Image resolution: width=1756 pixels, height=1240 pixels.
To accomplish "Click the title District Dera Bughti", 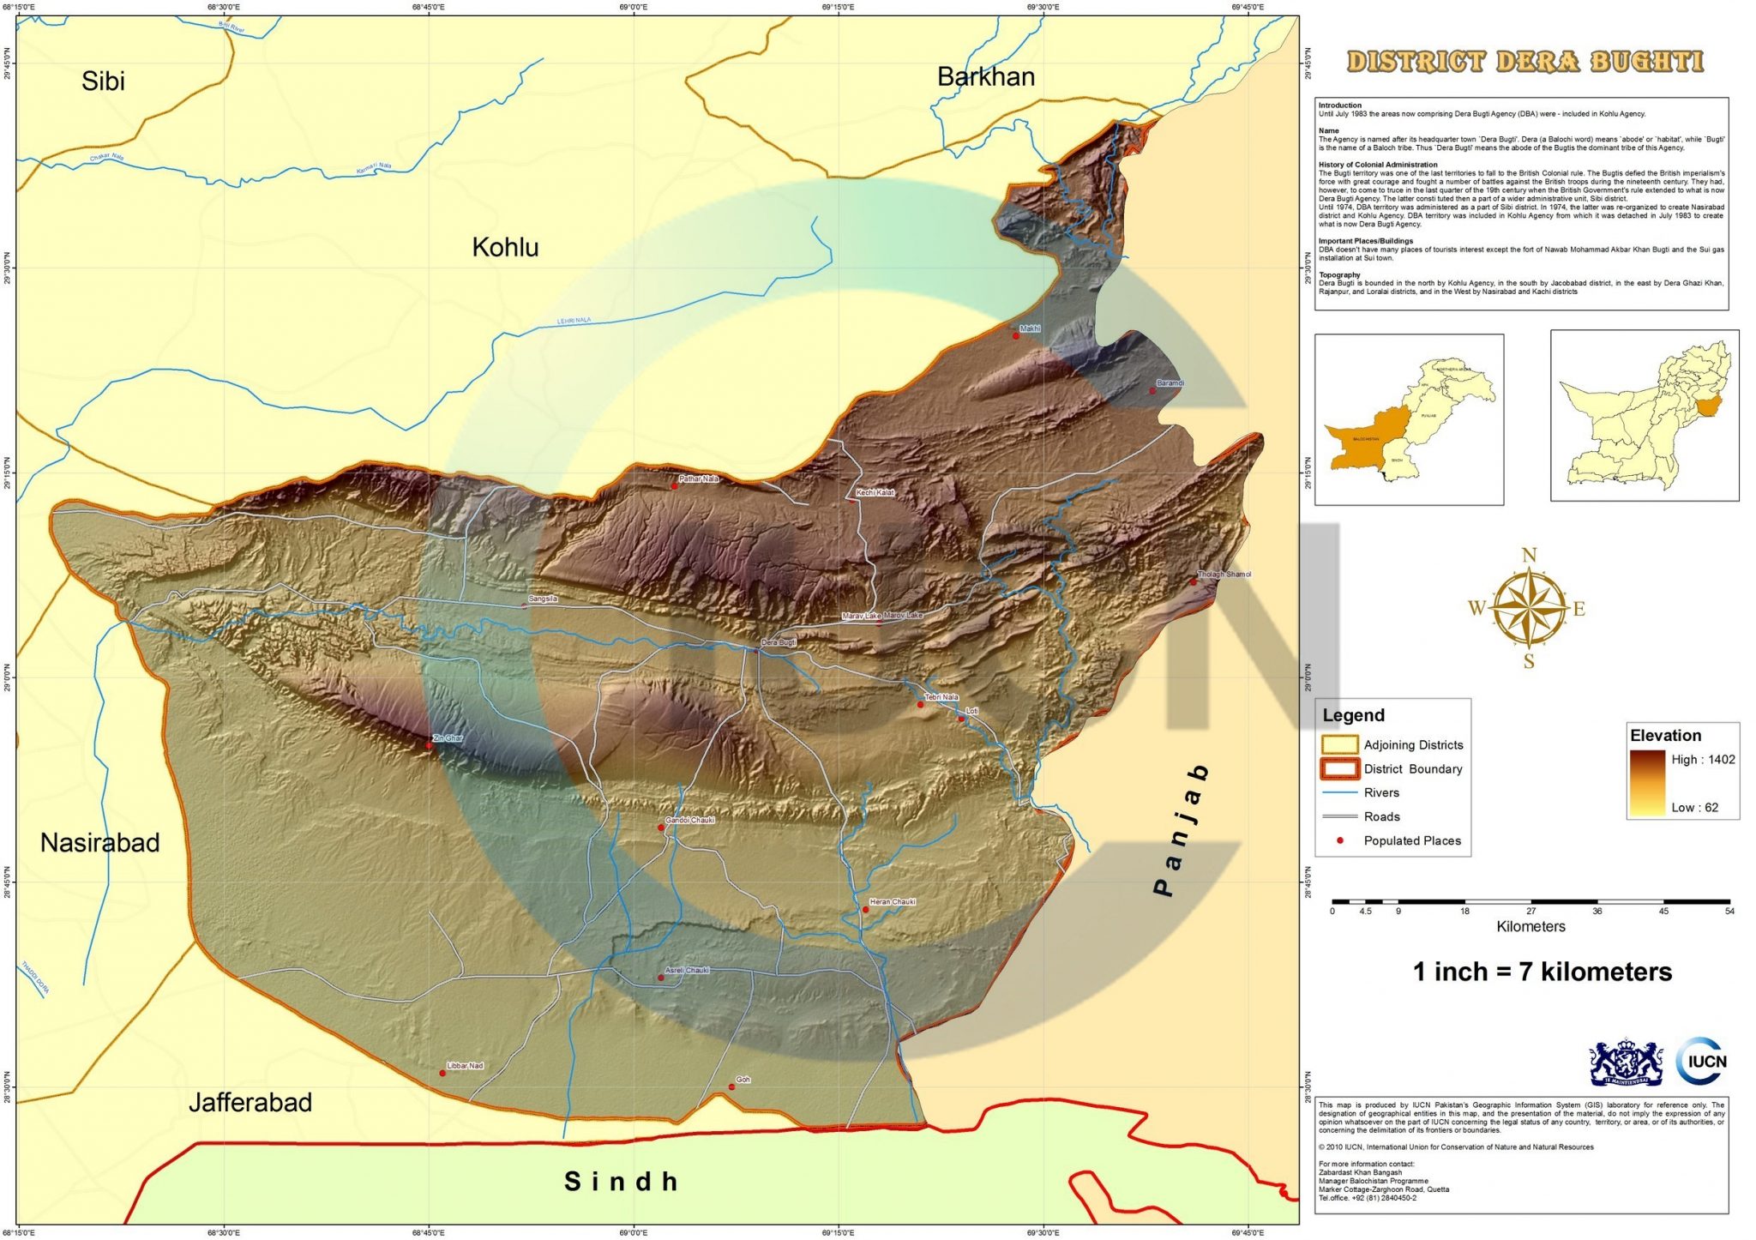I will pyautogui.click(x=1524, y=62).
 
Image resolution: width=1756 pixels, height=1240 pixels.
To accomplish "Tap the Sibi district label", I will pyautogui.click(x=103, y=81).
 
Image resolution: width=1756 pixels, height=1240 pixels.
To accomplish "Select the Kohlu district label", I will pyautogui.click(x=505, y=248).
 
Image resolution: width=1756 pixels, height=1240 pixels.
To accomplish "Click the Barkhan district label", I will pyautogui.click(x=985, y=77).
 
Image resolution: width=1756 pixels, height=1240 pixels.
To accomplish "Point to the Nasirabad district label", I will pyautogui.click(x=99, y=843).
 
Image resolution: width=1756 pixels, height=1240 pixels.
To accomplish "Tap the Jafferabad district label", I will pyautogui.click(x=250, y=1103).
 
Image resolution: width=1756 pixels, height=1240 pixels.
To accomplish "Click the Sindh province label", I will pyautogui.click(x=621, y=1182).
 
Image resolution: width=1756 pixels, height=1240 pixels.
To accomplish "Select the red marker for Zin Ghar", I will pyautogui.click(x=429, y=745).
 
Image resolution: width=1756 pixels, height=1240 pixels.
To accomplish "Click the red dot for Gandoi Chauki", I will pyautogui.click(x=660, y=828).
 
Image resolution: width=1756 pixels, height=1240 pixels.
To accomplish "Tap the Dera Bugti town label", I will pyautogui.click(x=779, y=642).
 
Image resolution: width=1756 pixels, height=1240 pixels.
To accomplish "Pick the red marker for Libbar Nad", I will pyautogui.click(x=442, y=1073).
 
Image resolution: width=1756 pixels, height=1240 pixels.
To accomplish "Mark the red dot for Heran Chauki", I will pyautogui.click(x=865, y=909).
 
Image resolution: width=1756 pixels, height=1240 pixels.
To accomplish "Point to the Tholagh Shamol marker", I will pyautogui.click(x=1193, y=581).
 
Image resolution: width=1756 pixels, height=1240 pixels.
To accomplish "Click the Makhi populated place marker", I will pyautogui.click(x=1016, y=335).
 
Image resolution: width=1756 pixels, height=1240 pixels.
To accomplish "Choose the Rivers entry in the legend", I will pyautogui.click(x=1380, y=793).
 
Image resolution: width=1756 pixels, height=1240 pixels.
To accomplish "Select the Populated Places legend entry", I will pyautogui.click(x=1411, y=841).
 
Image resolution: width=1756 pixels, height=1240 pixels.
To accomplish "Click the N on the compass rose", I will pyautogui.click(x=1529, y=556).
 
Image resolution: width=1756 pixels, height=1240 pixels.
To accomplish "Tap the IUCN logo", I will pyautogui.click(x=1703, y=1061).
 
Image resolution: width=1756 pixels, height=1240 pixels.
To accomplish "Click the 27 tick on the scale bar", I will pyautogui.click(x=1531, y=911).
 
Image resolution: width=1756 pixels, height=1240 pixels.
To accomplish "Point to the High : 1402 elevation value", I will pyautogui.click(x=1702, y=760).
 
